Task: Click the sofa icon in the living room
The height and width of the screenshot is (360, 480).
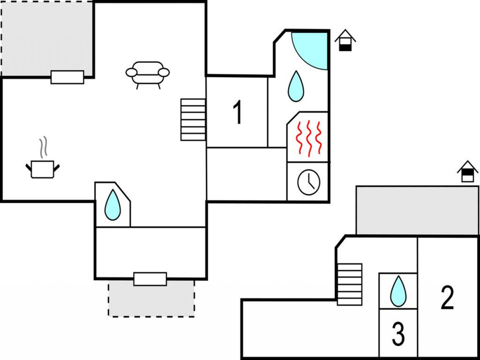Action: coord(148,75)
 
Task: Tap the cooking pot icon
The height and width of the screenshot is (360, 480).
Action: coord(43,169)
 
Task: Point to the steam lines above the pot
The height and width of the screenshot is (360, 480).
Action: coord(43,147)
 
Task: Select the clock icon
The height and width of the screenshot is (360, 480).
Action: coord(309,182)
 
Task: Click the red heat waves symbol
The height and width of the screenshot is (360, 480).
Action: coord(309,138)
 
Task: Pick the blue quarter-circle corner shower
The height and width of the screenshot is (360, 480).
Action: coord(310,51)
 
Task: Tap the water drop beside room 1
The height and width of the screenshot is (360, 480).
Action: coord(296,86)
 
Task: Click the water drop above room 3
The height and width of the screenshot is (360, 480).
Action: coord(398,291)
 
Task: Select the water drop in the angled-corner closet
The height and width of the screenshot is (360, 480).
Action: coord(112,205)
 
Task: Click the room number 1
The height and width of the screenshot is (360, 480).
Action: coord(237,112)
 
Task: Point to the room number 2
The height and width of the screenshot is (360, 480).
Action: coord(448,297)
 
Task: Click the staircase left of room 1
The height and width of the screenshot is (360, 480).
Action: coord(193,119)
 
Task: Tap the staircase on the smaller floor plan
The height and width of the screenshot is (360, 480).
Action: coord(350,284)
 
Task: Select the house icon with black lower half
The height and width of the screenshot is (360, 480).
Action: coord(345,40)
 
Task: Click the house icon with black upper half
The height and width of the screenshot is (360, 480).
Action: coord(468,171)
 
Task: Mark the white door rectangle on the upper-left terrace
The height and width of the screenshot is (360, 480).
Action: coord(67,77)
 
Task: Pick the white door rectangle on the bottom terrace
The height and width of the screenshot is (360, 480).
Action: coord(150,279)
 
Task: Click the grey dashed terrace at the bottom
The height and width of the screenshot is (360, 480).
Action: coord(151,299)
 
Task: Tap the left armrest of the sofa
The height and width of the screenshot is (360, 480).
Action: coord(132,73)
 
